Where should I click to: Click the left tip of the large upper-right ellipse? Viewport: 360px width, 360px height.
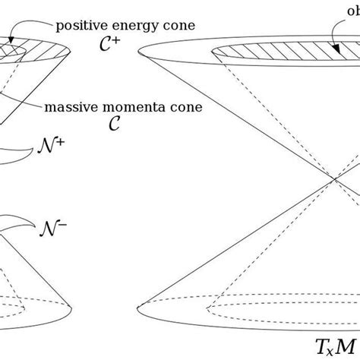140,52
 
